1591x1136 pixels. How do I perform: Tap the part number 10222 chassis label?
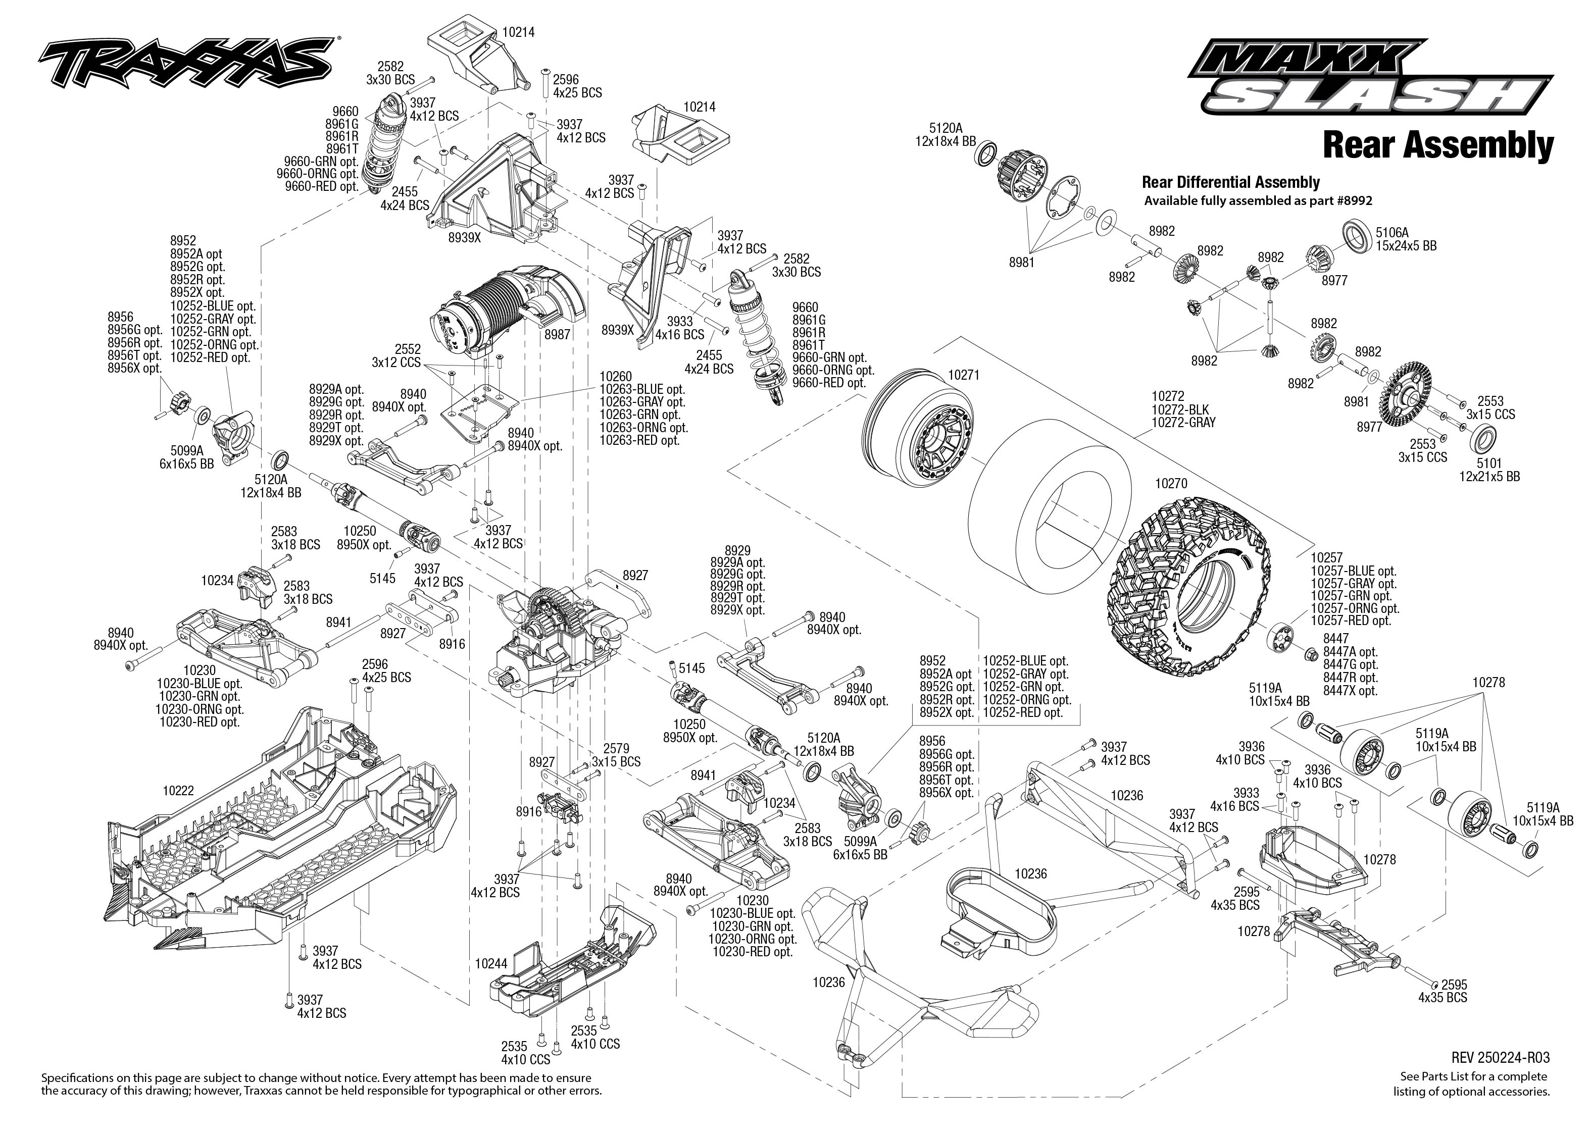coord(178,791)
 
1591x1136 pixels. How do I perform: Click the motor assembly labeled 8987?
coord(504,308)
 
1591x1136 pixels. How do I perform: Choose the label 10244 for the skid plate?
coord(490,963)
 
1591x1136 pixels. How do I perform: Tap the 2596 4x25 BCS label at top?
coord(576,86)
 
